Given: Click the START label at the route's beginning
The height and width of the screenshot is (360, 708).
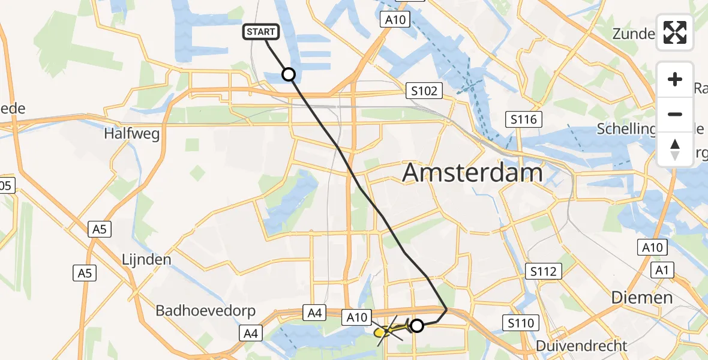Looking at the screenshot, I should click(x=261, y=32).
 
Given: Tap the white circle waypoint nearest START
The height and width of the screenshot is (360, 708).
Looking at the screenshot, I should click(x=289, y=74).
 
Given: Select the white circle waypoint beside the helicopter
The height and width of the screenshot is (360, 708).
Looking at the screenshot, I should click(x=417, y=326).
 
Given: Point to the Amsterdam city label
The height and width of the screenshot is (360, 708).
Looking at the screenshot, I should click(x=472, y=173).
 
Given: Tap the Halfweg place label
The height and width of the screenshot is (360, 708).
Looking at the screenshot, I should click(x=132, y=134).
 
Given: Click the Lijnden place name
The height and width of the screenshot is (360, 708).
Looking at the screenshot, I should click(x=146, y=260).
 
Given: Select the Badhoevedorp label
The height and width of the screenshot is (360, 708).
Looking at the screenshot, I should click(x=206, y=311).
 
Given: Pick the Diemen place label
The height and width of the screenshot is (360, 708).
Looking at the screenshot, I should click(x=642, y=298).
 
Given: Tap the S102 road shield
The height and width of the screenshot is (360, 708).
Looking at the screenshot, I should click(x=424, y=91).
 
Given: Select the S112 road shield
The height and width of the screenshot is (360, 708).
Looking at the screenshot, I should click(x=543, y=271).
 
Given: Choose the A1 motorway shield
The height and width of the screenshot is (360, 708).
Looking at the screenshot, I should click(x=662, y=270).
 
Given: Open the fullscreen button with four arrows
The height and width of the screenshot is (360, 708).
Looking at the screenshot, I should click(x=675, y=32).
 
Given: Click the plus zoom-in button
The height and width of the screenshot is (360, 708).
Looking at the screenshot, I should click(x=675, y=79).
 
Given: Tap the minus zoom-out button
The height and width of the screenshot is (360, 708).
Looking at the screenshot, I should click(x=675, y=114).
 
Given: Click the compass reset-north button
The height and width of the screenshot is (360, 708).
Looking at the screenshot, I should click(x=675, y=149).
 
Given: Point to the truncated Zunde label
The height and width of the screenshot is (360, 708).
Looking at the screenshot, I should click(x=633, y=34).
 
